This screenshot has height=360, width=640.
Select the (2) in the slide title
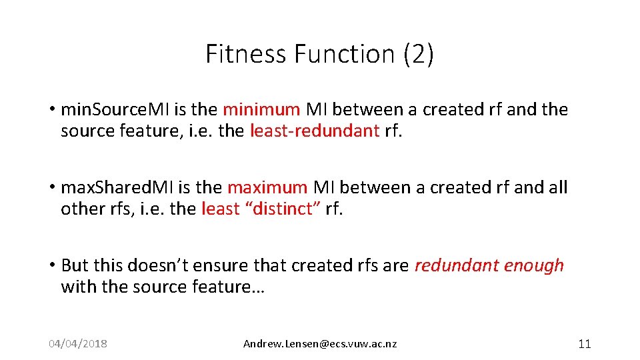(419, 54)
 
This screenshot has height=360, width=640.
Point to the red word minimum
(261, 109)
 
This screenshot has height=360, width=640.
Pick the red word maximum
(267, 187)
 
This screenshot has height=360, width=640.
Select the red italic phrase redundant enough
(489, 265)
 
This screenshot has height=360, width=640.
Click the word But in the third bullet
(74, 265)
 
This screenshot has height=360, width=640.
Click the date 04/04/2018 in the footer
(78, 344)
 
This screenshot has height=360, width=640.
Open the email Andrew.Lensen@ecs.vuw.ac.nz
(320, 344)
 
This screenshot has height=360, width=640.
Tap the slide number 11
(584, 344)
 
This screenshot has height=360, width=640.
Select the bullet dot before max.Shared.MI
(51, 188)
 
